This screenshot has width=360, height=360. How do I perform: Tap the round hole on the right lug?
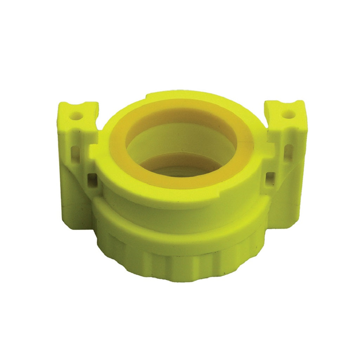coord(288,114)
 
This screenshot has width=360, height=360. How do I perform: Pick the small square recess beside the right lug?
coord(270,176)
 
